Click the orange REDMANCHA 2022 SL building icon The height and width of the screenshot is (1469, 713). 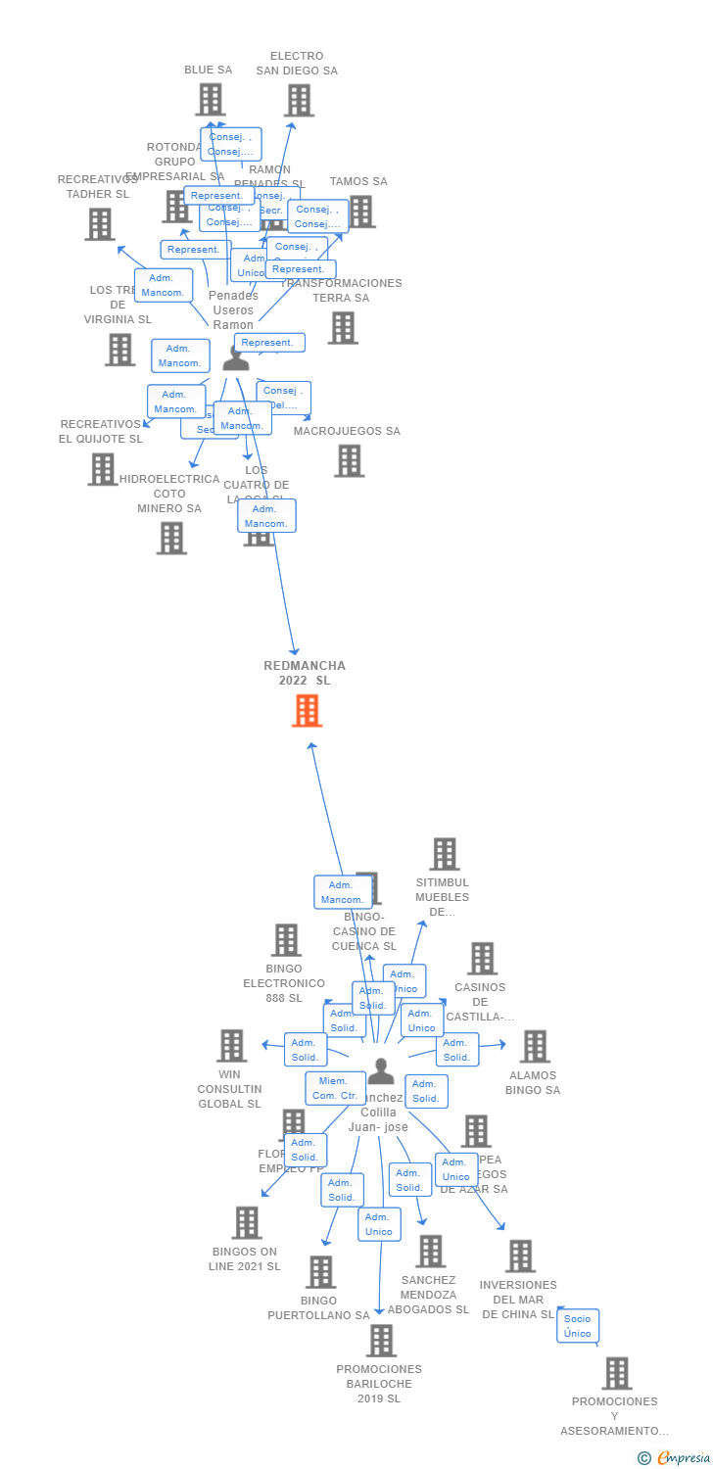307,711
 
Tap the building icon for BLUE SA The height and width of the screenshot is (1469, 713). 210,100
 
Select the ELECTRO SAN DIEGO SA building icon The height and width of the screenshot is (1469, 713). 299,100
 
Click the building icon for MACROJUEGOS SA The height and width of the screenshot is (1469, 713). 349,460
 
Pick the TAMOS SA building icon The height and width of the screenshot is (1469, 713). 360,212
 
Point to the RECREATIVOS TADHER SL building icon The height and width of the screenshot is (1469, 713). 99,224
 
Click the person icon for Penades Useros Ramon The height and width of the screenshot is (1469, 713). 236,358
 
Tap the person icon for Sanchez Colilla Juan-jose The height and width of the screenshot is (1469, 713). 381,1072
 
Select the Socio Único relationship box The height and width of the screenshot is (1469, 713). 577,1326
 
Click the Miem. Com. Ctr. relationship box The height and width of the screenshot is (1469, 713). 335,1088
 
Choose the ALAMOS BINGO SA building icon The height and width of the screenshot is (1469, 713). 534,1046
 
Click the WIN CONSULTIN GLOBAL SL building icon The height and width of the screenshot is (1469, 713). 231,1046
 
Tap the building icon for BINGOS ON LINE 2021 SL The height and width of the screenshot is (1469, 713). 246,1222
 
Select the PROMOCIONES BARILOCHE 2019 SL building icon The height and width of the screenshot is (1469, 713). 380,1340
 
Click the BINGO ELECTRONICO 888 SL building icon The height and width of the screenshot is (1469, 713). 285,940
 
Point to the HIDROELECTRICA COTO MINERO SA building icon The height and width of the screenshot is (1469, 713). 171,538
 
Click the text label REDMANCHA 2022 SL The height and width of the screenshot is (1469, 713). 305,673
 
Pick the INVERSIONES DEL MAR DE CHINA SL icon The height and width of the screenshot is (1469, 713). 519,1256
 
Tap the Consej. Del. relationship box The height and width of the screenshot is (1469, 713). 284,398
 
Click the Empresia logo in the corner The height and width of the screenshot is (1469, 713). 675,1457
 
